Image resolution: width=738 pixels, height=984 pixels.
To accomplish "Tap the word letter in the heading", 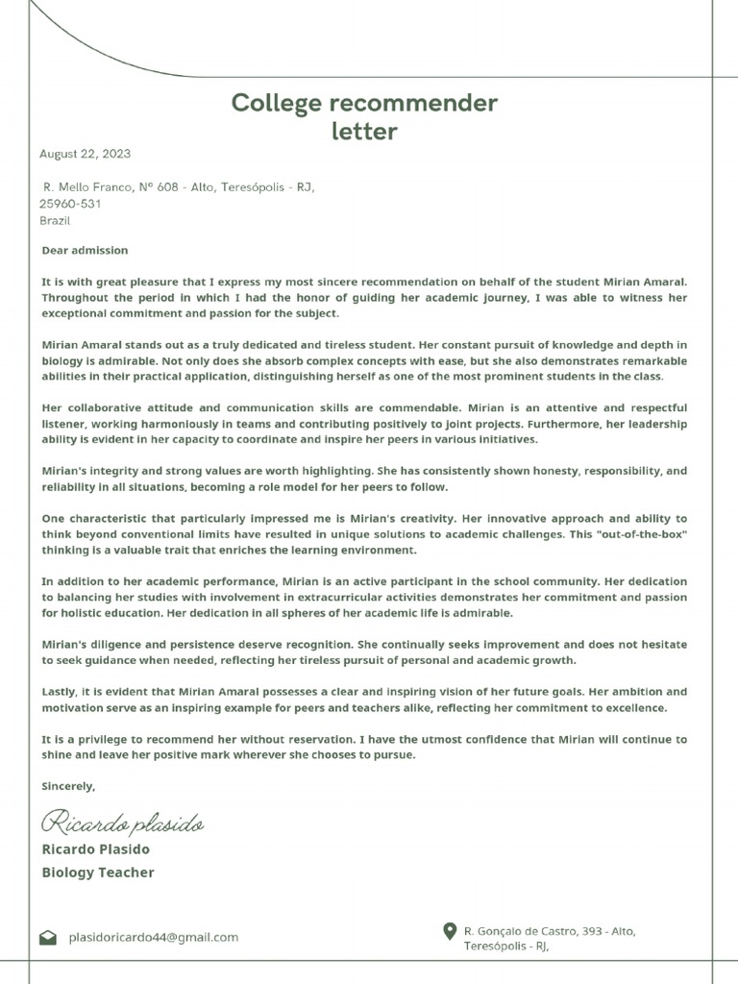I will pyautogui.click(x=364, y=132).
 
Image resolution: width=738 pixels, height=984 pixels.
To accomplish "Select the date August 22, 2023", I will pyautogui.click(x=85, y=154).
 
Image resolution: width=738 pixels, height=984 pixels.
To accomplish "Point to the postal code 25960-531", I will pyautogui.click(x=70, y=204).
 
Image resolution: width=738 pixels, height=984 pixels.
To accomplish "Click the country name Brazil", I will pyautogui.click(x=56, y=220).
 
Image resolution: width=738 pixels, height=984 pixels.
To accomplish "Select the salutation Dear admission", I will pyautogui.click(x=85, y=251).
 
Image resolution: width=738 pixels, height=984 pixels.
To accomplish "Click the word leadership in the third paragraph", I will pyautogui.click(x=652, y=424).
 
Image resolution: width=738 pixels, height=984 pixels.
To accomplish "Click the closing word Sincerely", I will pyautogui.click(x=68, y=786).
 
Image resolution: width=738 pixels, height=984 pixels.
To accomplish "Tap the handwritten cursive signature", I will pyautogui.click(x=122, y=824).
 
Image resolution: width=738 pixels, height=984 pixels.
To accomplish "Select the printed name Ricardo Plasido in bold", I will pyautogui.click(x=96, y=849).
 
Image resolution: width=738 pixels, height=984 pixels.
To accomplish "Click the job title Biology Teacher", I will pyautogui.click(x=98, y=873).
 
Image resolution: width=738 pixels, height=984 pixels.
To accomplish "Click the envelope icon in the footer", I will pyautogui.click(x=48, y=938).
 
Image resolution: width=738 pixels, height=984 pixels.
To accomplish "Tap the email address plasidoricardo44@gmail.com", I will pyautogui.click(x=153, y=938).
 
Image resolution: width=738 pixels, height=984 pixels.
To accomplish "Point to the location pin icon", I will pyautogui.click(x=449, y=931).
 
